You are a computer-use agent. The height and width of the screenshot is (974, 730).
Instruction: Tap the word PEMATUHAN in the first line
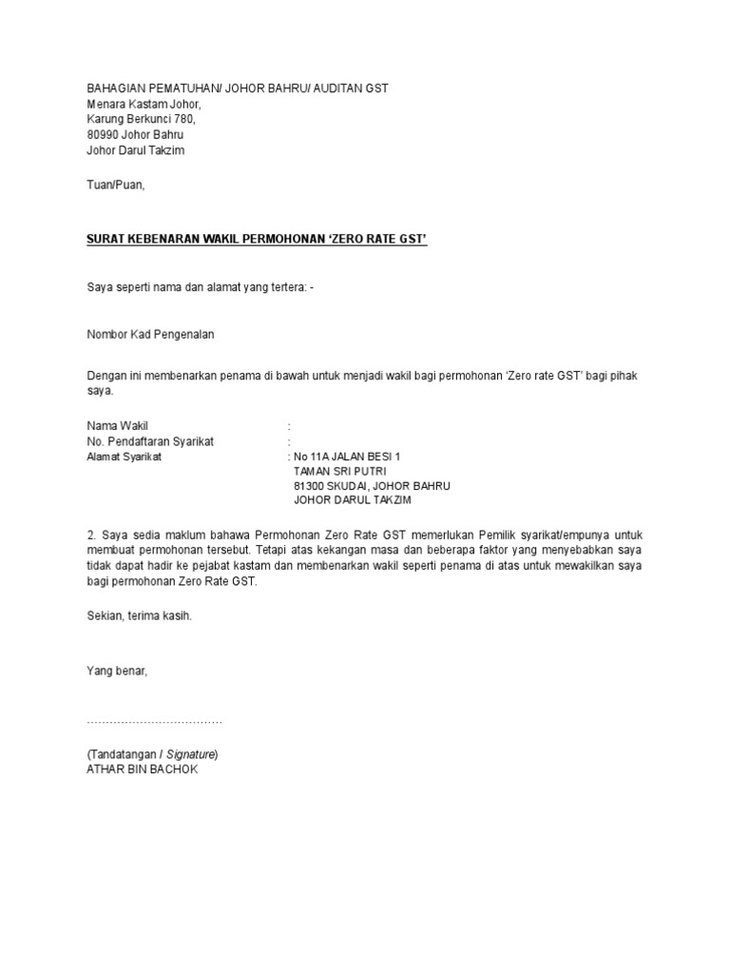(182, 88)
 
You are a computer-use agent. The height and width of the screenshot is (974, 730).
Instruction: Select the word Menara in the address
(106, 104)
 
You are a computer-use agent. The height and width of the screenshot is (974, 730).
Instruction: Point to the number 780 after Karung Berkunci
(184, 120)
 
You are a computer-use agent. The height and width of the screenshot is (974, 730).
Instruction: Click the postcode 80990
(103, 135)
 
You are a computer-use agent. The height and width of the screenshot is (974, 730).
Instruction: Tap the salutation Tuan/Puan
(115, 185)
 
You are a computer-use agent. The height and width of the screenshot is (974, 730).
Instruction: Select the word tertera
(281, 288)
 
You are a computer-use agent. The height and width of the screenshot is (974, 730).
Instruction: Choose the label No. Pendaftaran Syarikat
(150, 441)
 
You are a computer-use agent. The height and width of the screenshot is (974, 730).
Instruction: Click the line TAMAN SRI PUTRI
(340, 471)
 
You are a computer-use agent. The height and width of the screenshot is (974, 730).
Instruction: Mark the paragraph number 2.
(90, 536)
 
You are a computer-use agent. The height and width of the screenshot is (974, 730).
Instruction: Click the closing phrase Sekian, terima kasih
(140, 616)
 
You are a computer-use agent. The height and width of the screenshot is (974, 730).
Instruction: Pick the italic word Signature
(190, 754)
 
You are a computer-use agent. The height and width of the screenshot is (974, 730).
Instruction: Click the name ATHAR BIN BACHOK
(143, 769)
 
